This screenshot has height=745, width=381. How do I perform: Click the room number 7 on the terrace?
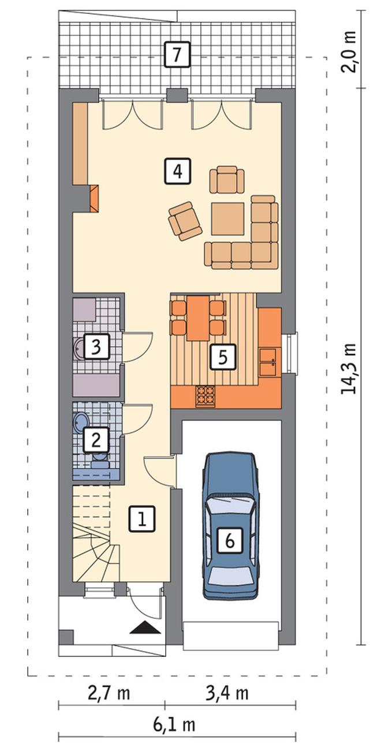(x=177, y=55)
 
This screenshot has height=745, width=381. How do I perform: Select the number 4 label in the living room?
(x=178, y=171)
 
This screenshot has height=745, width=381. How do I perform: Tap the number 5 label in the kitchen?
(x=223, y=357)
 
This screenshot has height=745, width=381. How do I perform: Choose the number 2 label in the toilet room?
(x=96, y=440)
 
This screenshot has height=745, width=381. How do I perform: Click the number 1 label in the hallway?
(x=142, y=519)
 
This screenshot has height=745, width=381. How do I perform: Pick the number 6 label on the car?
(x=230, y=540)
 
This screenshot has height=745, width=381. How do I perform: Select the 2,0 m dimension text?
(x=348, y=52)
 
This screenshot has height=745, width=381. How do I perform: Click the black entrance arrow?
(x=144, y=627)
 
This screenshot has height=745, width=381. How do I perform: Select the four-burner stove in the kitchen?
(x=206, y=396)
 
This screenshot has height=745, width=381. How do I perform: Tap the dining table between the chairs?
(x=198, y=318)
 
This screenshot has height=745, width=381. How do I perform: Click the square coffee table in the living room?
(x=228, y=219)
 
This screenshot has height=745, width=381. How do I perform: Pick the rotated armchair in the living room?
(x=185, y=221)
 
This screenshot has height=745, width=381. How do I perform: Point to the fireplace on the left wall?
(x=95, y=198)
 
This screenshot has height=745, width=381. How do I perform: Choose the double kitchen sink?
(x=268, y=362)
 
